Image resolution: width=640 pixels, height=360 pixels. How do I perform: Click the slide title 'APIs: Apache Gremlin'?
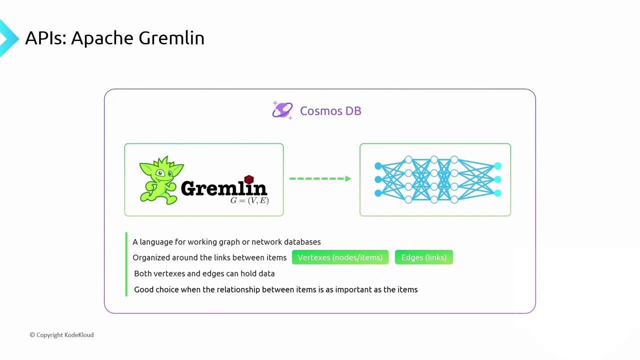(x=115, y=38)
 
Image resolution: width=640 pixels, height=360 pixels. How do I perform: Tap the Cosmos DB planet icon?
(x=282, y=110)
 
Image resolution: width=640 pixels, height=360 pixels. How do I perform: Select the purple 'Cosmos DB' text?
(x=330, y=111)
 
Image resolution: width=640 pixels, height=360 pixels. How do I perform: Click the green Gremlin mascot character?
(x=161, y=180)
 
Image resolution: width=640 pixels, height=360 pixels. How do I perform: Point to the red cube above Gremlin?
(x=249, y=179)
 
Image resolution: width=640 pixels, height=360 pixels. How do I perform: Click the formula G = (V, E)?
(x=249, y=200)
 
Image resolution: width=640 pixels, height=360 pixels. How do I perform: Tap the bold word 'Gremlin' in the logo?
(x=224, y=188)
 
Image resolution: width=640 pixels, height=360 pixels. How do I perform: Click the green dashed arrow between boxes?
(x=320, y=178)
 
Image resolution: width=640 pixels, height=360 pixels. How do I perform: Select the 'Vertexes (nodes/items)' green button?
(x=340, y=257)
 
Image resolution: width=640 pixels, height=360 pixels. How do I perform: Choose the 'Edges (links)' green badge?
(x=424, y=257)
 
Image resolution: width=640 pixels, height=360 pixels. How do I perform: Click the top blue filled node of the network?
(x=378, y=165)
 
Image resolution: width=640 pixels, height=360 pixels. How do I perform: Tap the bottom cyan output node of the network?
(x=497, y=193)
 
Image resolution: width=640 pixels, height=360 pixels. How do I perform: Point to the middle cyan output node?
(x=497, y=179)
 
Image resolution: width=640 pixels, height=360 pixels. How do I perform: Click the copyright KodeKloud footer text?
(x=61, y=335)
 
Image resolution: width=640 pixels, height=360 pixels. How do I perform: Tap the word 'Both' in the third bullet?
(x=143, y=273)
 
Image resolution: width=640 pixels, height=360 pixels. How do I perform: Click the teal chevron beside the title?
(x=8, y=38)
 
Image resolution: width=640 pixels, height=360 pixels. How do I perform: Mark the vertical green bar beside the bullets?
(x=126, y=264)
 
